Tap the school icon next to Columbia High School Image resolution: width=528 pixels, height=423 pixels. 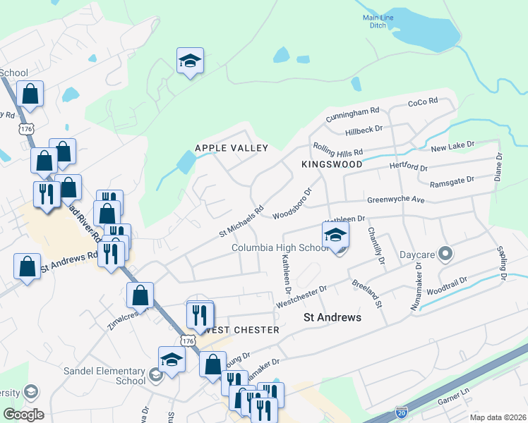(x=336, y=235)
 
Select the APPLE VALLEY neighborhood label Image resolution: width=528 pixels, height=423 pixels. (x=232, y=148)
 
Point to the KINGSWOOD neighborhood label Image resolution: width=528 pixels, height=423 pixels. (x=332, y=164)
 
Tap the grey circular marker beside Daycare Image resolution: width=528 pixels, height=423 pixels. (x=445, y=252)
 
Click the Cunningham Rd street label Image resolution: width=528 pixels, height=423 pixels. (x=353, y=114)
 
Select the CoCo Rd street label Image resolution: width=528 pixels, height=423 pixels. (x=423, y=103)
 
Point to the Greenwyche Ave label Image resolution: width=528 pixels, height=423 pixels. (x=395, y=200)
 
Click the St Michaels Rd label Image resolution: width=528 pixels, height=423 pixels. (x=241, y=219)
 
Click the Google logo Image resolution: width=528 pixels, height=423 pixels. (x=23, y=415)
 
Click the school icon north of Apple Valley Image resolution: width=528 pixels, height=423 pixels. (x=190, y=62)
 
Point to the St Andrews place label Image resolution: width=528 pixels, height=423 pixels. (x=332, y=318)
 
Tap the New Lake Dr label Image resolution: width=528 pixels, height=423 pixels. (x=452, y=146)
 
